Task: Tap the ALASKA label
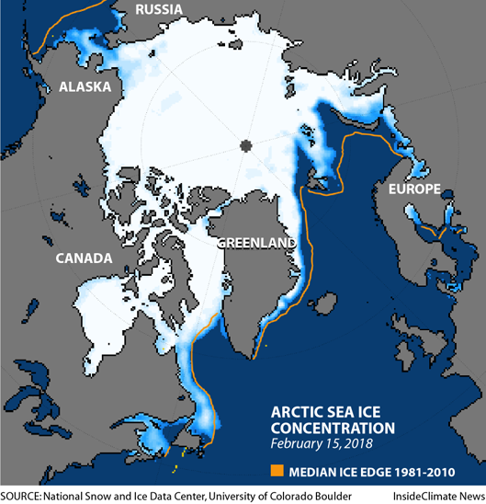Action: [85, 87]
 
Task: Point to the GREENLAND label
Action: [257, 244]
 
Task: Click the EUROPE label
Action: [413, 189]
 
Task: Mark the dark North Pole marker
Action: [245, 145]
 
